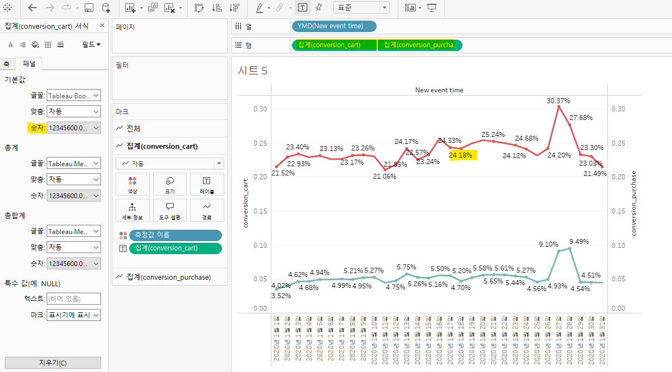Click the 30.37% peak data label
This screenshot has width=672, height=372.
558,100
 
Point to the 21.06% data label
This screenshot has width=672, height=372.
384,176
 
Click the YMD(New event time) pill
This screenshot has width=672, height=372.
334,26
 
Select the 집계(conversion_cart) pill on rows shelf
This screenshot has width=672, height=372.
334,45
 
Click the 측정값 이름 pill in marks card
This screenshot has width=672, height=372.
175,235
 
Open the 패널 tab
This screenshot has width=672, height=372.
29,64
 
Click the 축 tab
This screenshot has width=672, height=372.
7,64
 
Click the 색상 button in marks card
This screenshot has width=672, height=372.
132,184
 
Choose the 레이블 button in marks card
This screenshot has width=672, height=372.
207,184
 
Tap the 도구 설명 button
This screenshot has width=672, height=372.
169,210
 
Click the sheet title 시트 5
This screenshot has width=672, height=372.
252,71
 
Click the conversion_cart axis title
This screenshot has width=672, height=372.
245,203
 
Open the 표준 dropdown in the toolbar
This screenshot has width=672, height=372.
361,8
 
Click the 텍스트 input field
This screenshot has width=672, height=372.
74,299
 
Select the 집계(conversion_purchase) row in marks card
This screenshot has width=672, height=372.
169,277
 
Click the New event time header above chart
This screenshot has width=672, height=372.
439,90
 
